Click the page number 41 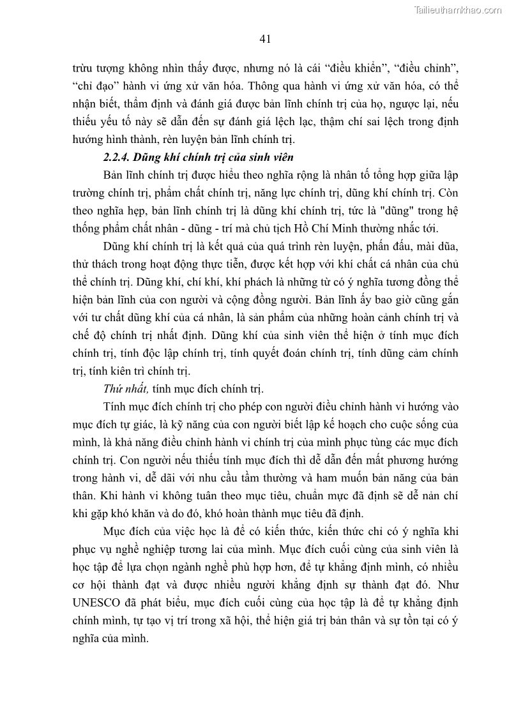(x=266, y=39)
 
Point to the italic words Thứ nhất (x=125, y=389)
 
